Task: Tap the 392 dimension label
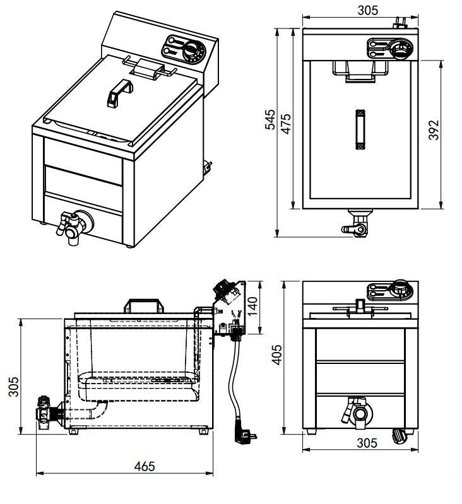click(x=434, y=130)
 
